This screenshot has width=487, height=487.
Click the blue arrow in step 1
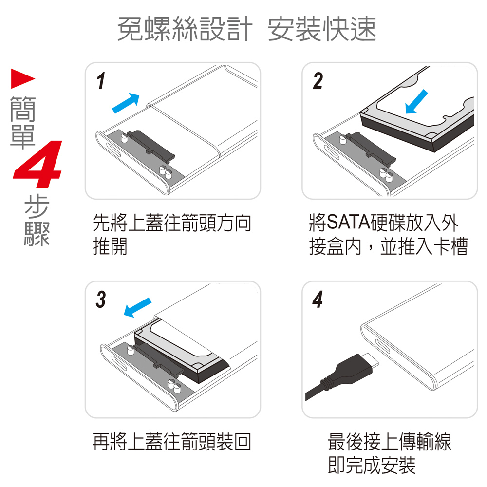coord(126,103)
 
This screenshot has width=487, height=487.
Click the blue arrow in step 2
coord(416,102)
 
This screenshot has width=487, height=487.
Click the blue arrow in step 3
coord(138,307)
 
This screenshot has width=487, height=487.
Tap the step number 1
coord(101,81)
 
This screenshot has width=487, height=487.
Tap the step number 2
coord(318,81)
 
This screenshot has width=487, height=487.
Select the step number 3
coord(101,300)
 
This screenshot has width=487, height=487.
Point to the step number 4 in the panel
coord(318,300)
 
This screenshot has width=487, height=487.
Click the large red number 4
coord(38,164)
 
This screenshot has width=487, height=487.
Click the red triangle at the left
coord(23,78)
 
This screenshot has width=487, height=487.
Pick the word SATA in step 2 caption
coord(349,223)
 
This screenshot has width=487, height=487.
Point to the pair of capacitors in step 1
coord(166,172)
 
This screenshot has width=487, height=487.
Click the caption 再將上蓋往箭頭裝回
coord(172,442)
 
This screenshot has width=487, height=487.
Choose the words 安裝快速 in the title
coord(322,29)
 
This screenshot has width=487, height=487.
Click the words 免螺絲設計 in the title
coord(185,29)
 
